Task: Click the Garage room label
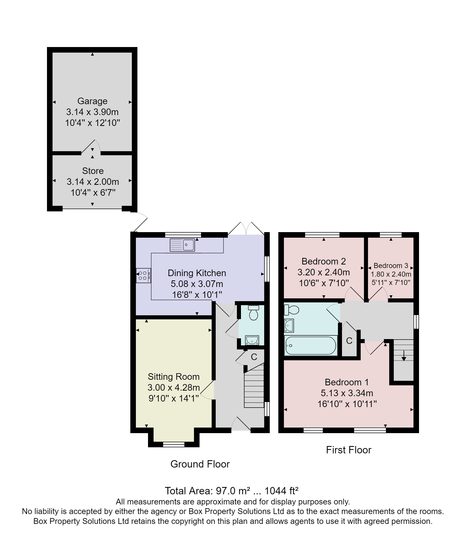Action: point(92,101)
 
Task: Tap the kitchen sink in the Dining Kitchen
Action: point(182,245)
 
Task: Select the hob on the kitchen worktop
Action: point(143,276)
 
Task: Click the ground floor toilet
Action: point(253,313)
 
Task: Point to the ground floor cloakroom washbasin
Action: point(252,340)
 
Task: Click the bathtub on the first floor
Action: point(311,346)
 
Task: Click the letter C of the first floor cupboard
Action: point(349,341)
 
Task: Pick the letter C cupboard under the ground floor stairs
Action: point(254,357)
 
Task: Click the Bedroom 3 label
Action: point(391,265)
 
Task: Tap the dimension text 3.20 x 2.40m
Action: point(324,272)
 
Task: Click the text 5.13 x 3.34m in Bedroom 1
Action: point(347,393)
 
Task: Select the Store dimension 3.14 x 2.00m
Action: point(93,182)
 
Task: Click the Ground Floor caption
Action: point(200,464)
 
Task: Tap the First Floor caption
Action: point(349,450)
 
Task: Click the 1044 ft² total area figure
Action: point(281,491)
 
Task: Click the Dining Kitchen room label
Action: point(197,273)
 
